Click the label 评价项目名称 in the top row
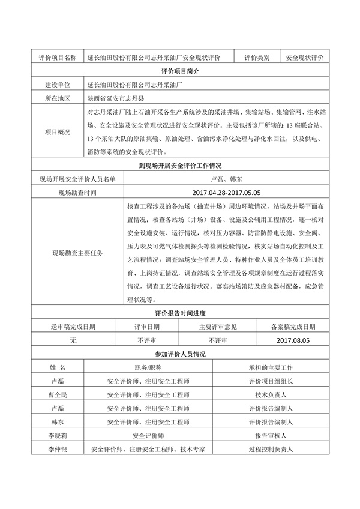[x=57, y=58]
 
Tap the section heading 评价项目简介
[x=180, y=71]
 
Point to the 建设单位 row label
[x=57, y=85]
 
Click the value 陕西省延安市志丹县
[x=119, y=98]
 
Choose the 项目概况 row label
[x=57, y=132]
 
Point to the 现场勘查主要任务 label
[x=78, y=253]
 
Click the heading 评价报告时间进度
[x=180, y=313]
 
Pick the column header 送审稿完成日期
[x=73, y=327]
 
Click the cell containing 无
[x=73, y=340]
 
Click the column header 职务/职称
[x=148, y=367]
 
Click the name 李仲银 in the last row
[x=58, y=448]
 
